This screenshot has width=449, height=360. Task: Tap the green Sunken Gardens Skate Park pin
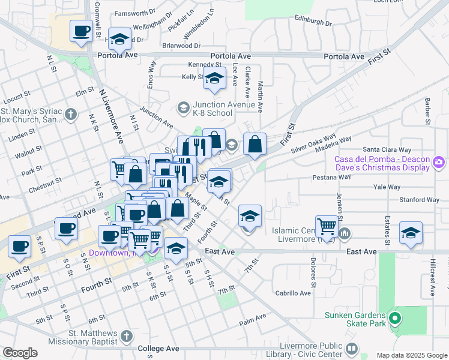(x=394, y=317)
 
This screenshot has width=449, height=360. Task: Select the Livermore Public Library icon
(x=352, y=349)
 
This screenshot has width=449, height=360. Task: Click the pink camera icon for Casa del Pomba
(x=439, y=163)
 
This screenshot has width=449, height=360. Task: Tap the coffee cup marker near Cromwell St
(x=81, y=31)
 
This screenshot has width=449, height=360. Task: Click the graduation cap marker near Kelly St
(x=214, y=79)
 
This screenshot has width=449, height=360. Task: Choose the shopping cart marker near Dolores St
(x=327, y=226)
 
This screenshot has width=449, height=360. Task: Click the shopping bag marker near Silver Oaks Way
(x=255, y=144)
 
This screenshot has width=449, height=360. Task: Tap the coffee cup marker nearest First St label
(x=19, y=247)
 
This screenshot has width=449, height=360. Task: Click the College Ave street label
(x=158, y=348)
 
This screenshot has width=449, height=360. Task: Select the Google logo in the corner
(x=20, y=353)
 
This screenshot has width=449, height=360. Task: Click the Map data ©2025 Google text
(x=411, y=355)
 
